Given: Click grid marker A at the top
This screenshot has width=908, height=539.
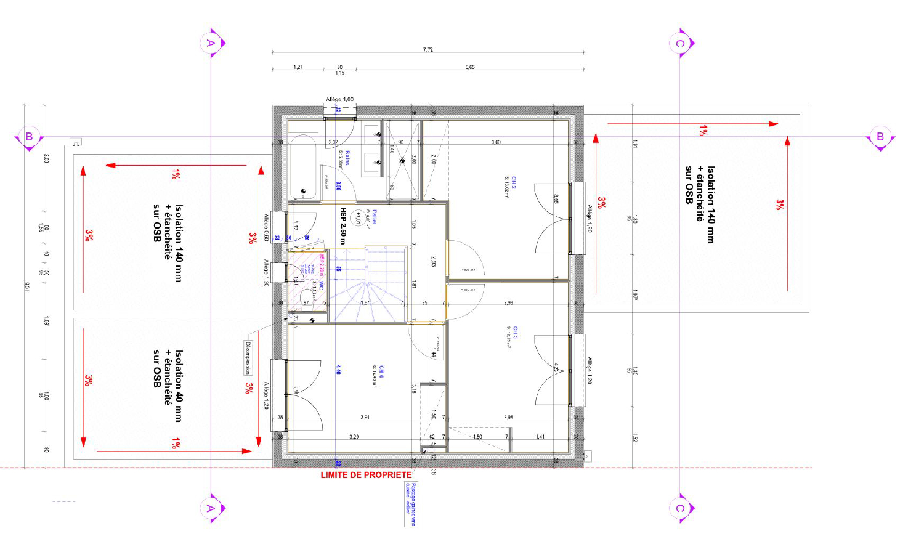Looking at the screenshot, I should [x=211, y=43].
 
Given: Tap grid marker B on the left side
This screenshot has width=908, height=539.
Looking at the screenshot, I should [x=28, y=137].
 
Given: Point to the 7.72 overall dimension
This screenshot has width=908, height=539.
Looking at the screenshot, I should [x=428, y=49].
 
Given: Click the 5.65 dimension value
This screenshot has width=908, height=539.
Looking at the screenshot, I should [x=470, y=67].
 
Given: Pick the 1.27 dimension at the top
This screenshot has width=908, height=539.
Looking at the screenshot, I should [x=298, y=67].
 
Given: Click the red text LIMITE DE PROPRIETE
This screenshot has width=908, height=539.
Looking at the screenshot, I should [x=366, y=475].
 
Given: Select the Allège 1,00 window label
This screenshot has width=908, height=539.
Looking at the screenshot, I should [x=339, y=99].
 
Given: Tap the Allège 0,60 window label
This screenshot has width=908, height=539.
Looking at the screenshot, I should [x=266, y=227].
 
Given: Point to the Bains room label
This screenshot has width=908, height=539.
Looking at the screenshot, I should [x=347, y=158].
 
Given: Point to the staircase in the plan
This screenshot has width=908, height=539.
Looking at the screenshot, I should [x=368, y=284].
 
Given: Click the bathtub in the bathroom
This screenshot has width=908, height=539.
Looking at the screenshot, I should [x=303, y=168].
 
